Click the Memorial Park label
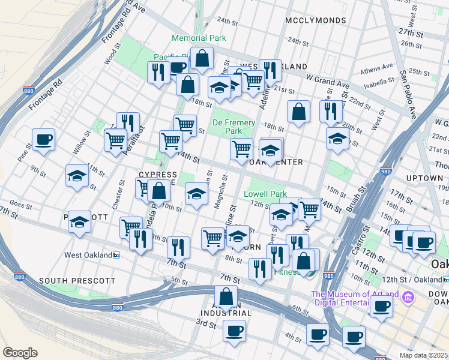(x=199, y=38)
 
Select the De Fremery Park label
(x=234, y=127)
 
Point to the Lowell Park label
(x=265, y=194)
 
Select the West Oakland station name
(x=88, y=255)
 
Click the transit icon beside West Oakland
(x=116, y=255)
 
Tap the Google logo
(x=20, y=353)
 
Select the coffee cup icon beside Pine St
(x=43, y=140)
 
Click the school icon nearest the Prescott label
(x=79, y=221)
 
